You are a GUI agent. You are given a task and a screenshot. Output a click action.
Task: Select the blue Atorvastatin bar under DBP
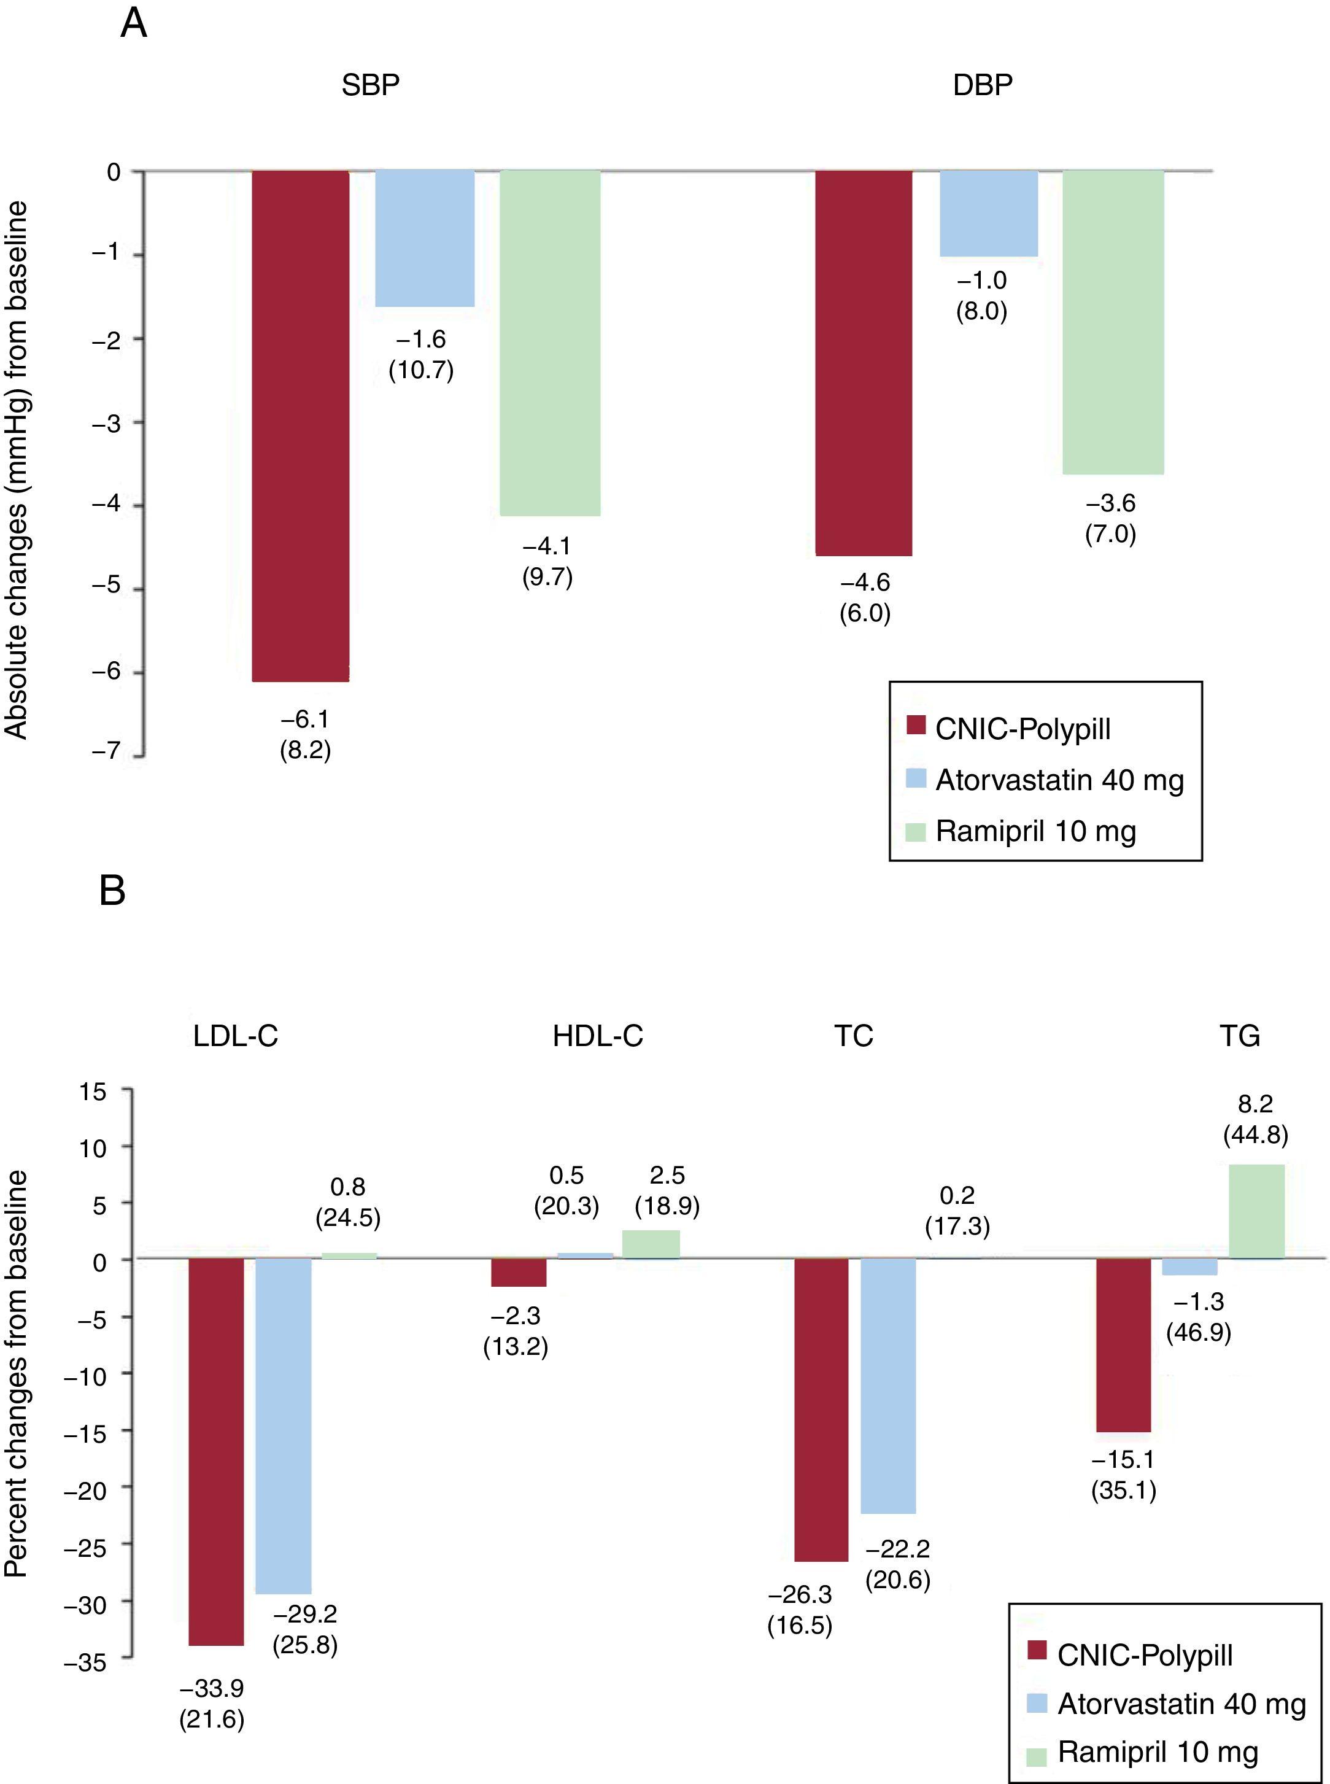pos(989,214)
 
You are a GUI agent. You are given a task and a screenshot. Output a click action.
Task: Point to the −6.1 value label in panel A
pos(305,719)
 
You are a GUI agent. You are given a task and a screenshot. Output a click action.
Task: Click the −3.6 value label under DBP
pos(1110,503)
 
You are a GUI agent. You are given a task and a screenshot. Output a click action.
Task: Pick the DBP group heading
pos(982,85)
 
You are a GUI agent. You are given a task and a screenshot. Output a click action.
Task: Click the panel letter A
pos(134,24)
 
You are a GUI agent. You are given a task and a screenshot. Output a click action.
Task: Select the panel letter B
pos(112,891)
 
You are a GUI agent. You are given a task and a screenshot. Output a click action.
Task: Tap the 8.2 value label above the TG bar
pos(1255,1104)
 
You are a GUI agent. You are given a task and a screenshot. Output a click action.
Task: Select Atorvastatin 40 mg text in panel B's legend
pos(1181,1704)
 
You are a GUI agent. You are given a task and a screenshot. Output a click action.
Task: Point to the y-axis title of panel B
pos(16,1373)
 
